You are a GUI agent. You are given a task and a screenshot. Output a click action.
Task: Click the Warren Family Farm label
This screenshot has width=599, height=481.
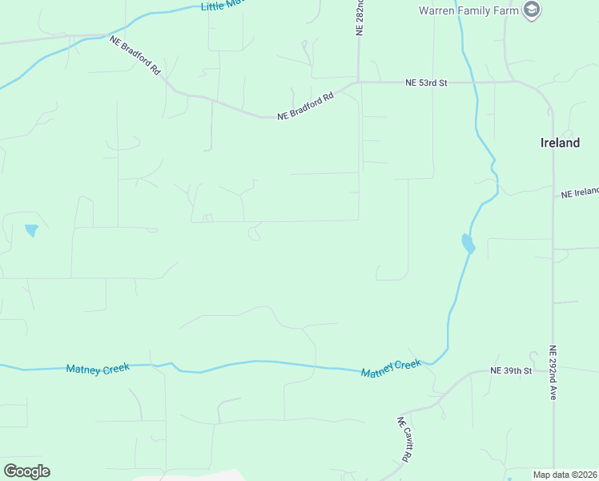pyautogui.click(x=468, y=10)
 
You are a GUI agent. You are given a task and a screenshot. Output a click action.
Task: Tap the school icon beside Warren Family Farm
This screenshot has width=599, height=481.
pyautogui.click(x=531, y=10)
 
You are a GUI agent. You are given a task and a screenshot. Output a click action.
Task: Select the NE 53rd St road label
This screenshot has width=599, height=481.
pyautogui.click(x=425, y=82)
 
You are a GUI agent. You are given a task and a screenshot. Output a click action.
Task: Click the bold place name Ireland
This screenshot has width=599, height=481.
pyautogui.click(x=560, y=143)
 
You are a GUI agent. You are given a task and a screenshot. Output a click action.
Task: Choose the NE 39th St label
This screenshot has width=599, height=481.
pyautogui.click(x=511, y=371)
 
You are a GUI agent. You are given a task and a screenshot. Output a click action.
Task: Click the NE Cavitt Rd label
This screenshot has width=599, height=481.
pyautogui.click(x=405, y=439)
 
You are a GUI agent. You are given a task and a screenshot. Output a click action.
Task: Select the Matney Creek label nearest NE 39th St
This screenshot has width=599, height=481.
pyautogui.click(x=391, y=370)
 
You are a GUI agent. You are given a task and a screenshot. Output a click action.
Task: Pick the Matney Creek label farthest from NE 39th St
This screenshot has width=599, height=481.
pyautogui.click(x=98, y=369)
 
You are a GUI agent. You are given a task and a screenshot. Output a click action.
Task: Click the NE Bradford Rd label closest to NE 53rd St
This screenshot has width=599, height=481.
pyautogui.click(x=305, y=107)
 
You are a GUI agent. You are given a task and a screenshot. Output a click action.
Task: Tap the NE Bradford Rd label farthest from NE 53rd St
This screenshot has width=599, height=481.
pyautogui.click(x=135, y=55)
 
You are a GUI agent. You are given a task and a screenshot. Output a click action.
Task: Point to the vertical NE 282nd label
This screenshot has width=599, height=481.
pyautogui.click(x=360, y=18)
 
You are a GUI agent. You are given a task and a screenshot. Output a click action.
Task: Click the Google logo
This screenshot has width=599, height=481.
pyautogui.click(x=26, y=471)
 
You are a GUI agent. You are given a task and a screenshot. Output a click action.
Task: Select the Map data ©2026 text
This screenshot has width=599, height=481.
pyautogui.click(x=565, y=475)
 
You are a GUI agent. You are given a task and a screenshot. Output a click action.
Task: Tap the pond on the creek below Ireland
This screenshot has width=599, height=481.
pyautogui.click(x=468, y=244)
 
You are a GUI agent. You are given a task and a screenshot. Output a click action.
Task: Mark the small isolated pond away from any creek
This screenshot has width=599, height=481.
pyautogui.click(x=31, y=231)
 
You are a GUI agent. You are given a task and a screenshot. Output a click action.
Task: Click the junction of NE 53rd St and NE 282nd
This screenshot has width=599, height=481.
pyautogui.click(x=359, y=82)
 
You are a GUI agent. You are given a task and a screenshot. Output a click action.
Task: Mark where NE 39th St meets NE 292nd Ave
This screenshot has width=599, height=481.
pyautogui.click(x=553, y=372)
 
